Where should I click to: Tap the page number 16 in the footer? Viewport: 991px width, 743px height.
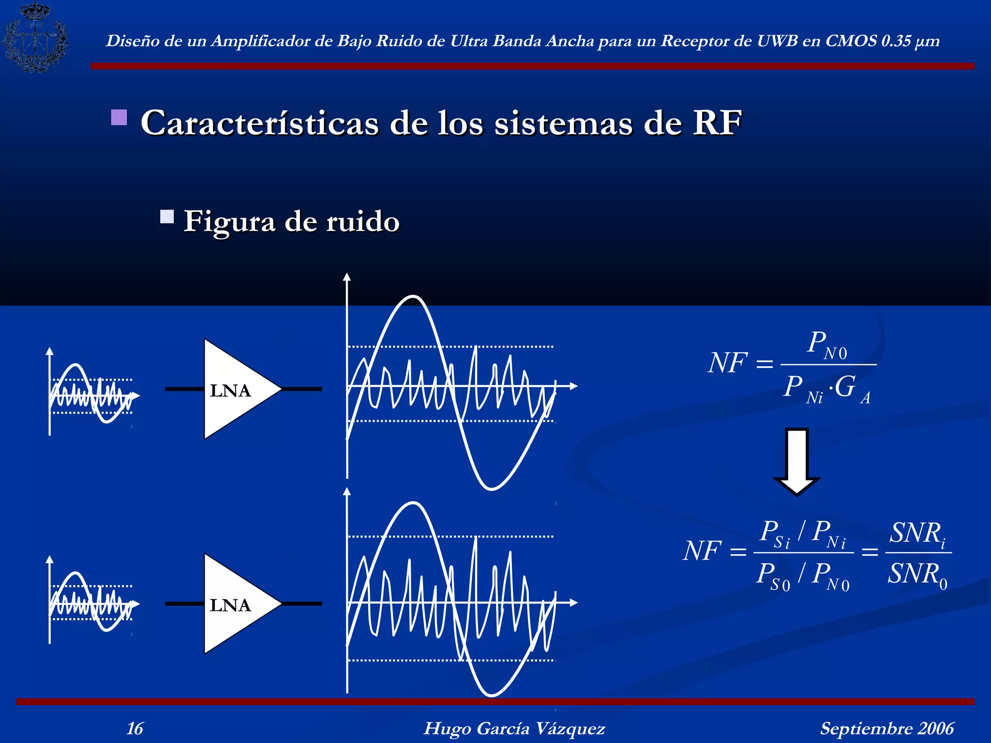(135, 728)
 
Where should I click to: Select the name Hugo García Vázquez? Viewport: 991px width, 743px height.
(514, 728)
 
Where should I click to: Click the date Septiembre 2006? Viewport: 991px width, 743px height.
(886, 728)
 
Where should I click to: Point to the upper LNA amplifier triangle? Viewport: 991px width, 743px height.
(237, 389)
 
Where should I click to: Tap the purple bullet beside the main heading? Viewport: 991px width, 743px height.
(119, 118)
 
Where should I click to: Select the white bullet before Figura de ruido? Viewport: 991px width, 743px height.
(167, 216)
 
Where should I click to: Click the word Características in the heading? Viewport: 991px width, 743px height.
(259, 123)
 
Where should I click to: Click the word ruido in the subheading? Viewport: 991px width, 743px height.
(363, 222)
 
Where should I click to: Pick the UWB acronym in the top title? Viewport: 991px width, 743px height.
(778, 41)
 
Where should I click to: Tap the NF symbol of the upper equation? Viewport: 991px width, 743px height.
(727, 363)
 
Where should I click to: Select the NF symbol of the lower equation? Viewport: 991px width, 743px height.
(702, 551)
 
